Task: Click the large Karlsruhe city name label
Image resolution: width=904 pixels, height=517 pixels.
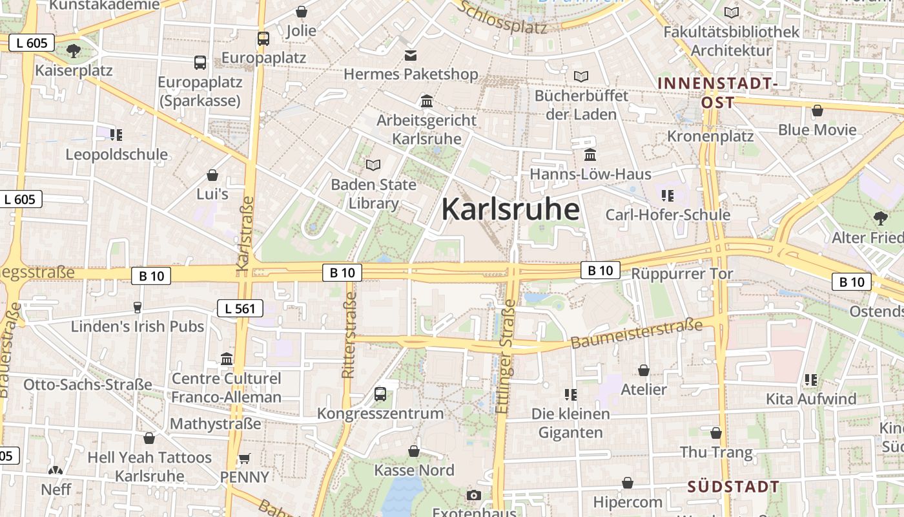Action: [x=510, y=209]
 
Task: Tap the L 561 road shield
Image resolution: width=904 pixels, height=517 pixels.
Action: [x=240, y=308]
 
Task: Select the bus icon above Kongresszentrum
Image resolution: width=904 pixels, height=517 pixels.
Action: [x=380, y=394]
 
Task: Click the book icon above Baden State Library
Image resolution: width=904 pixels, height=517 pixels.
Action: [x=373, y=165]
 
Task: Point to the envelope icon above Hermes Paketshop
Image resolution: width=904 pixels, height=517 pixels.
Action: [x=411, y=55]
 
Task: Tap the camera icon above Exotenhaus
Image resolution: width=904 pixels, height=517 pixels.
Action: [x=474, y=495]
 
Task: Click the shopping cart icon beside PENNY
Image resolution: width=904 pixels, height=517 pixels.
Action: [x=244, y=458]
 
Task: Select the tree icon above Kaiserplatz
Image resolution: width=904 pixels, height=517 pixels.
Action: [x=74, y=50]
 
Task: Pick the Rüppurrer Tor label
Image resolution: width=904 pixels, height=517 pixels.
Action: [x=682, y=273]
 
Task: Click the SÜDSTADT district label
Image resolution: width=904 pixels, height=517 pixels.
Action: [x=733, y=486]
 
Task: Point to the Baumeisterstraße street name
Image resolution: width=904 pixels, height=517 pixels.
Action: [x=636, y=333]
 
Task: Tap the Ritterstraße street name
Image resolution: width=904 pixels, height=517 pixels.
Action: [x=349, y=335]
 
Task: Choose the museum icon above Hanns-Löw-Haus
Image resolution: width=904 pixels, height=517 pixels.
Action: [x=590, y=154]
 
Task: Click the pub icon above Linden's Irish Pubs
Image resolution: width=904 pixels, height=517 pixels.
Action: [x=137, y=307]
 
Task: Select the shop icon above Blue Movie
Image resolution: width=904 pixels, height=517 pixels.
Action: [x=817, y=111]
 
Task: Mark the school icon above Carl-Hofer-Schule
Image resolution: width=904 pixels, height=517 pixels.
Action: [x=668, y=195]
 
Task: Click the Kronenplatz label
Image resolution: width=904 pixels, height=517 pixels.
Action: [x=710, y=136]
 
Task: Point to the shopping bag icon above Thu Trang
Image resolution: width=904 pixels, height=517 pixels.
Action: [x=716, y=433]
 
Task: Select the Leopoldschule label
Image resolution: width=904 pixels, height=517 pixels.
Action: [x=117, y=154]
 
